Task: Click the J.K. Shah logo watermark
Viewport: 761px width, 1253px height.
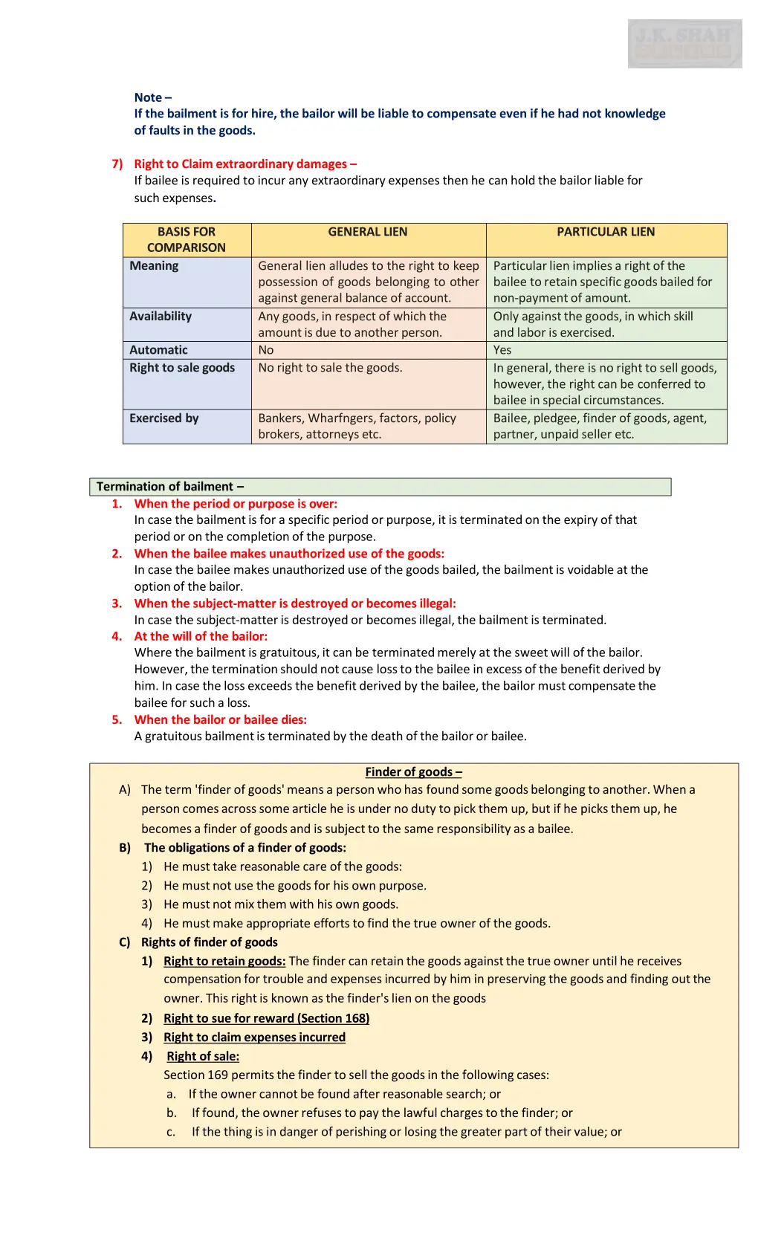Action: (684, 44)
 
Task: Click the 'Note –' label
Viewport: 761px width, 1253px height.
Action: (152, 97)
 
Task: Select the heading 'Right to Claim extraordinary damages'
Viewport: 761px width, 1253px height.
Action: (245, 163)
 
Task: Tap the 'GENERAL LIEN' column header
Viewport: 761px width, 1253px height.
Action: (368, 232)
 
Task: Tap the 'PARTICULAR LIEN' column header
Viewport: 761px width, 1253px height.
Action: (606, 232)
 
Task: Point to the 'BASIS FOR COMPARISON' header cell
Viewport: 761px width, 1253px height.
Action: (187, 239)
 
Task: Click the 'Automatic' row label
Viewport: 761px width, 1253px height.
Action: (158, 350)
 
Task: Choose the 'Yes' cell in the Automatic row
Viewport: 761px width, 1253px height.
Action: (502, 350)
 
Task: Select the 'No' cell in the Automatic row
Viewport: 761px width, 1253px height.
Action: (266, 350)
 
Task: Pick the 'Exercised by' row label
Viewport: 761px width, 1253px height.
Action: (164, 418)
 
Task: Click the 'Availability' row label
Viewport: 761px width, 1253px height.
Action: (161, 316)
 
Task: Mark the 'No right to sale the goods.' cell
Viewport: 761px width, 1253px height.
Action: (330, 368)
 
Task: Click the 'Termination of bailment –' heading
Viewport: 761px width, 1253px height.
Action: (170, 487)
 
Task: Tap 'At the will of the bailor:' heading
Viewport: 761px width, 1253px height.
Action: (201, 636)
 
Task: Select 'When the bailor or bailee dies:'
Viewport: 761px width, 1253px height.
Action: (220, 719)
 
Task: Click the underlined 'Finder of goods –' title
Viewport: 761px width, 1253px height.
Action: (413, 772)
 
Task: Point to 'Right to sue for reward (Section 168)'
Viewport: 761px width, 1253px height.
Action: (266, 1018)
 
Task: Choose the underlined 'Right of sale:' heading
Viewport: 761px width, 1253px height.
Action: (203, 1056)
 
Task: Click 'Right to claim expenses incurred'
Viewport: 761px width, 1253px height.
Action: (254, 1037)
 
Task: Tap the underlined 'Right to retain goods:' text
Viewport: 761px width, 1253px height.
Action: (224, 961)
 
